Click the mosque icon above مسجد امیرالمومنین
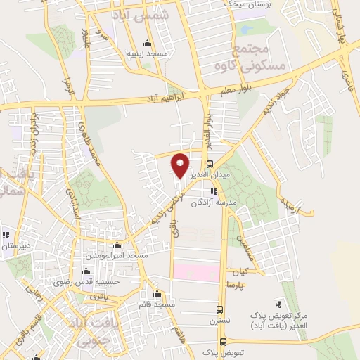pos(117,245)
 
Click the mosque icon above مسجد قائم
pos(157,294)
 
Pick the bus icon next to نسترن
pos(221,309)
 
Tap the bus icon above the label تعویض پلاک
pos(222,341)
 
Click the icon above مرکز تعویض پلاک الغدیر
pos(279,305)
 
